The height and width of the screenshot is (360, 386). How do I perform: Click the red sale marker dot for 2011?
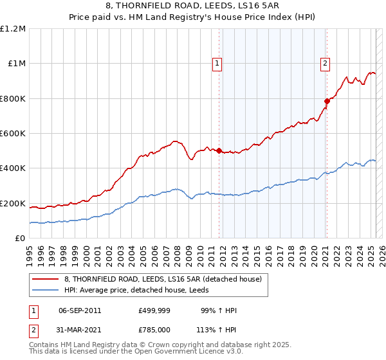click(x=219, y=151)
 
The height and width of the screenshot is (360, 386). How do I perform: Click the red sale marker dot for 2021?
click(x=326, y=101)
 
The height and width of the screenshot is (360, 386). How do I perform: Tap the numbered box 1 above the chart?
click(x=218, y=63)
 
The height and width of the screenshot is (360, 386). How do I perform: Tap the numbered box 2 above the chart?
click(x=326, y=63)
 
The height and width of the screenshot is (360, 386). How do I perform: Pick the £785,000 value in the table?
click(x=154, y=328)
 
